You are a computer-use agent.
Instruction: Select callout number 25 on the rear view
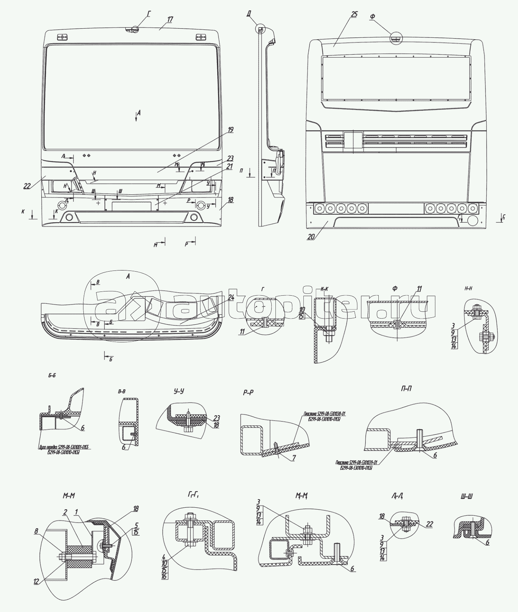click(x=354, y=15)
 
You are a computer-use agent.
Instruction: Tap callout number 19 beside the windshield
click(x=230, y=130)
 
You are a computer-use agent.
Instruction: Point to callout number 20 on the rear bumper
click(x=311, y=236)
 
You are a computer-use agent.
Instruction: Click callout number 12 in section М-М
click(x=37, y=581)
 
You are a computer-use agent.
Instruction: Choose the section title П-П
click(x=407, y=389)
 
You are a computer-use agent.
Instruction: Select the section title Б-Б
click(x=52, y=376)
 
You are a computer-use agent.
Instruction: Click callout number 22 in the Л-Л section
click(x=429, y=524)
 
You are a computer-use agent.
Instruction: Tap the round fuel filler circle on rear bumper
click(x=473, y=221)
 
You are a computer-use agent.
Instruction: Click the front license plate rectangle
click(x=132, y=206)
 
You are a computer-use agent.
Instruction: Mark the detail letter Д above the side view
click(x=249, y=14)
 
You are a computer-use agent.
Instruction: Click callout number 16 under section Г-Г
click(x=164, y=576)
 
